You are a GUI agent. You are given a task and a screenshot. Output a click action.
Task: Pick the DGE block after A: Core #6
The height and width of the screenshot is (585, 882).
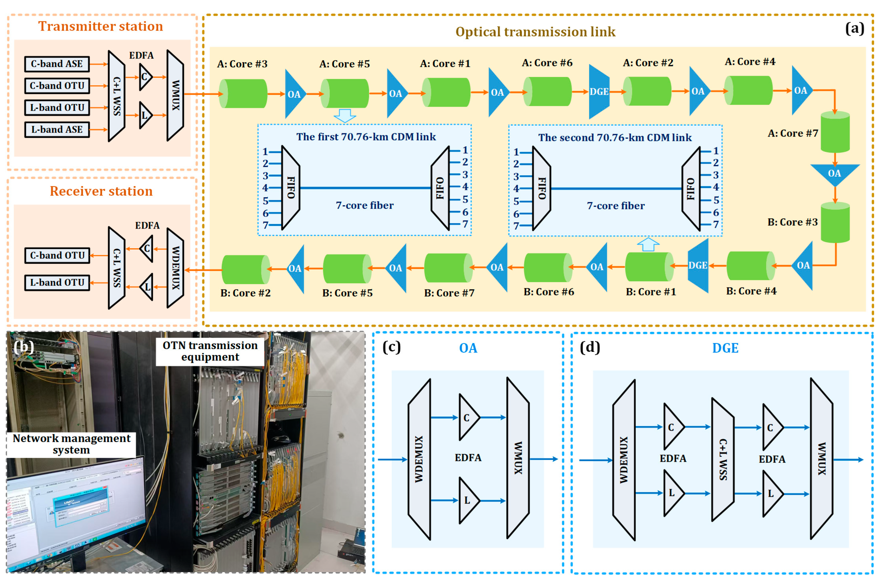click(599, 92)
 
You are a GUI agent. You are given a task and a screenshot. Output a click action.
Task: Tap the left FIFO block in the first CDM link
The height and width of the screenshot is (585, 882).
click(291, 188)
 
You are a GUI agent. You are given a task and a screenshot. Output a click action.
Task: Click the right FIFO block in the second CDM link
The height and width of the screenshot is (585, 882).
click(691, 189)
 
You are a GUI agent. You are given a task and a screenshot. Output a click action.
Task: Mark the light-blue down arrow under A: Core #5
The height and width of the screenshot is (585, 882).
click(345, 116)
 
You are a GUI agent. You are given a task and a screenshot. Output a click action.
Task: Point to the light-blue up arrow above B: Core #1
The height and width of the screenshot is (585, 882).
click(648, 244)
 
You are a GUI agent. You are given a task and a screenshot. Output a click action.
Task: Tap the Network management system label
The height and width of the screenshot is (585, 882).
click(71, 444)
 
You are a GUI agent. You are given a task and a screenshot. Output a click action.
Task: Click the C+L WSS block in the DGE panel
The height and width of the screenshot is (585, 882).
click(723, 459)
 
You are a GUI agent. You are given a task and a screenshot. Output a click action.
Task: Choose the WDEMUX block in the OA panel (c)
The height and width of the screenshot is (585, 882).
click(419, 459)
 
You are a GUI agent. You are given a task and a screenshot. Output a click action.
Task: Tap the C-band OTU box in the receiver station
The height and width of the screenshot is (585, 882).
click(57, 256)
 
